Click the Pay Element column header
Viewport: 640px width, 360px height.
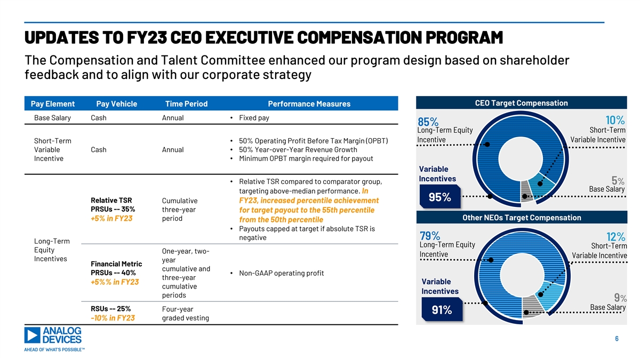tap(52, 103)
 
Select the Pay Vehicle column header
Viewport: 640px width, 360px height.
tap(116, 103)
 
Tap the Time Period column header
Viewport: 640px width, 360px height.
tap(186, 103)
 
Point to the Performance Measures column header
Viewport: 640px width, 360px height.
tap(309, 103)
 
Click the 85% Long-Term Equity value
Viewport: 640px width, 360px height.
tap(429, 122)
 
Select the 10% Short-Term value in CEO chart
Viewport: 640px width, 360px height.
tap(615, 120)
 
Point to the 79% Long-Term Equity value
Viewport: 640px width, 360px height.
tap(430, 236)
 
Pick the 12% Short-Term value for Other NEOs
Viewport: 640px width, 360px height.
tap(616, 236)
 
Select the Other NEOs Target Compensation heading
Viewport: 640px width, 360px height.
tap(522, 218)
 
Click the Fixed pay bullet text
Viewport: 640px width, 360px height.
tap(254, 118)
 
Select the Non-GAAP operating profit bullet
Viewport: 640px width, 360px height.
tap(281, 274)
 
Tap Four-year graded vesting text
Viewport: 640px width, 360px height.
tap(185, 314)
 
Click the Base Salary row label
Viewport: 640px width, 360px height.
tap(52, 118)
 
